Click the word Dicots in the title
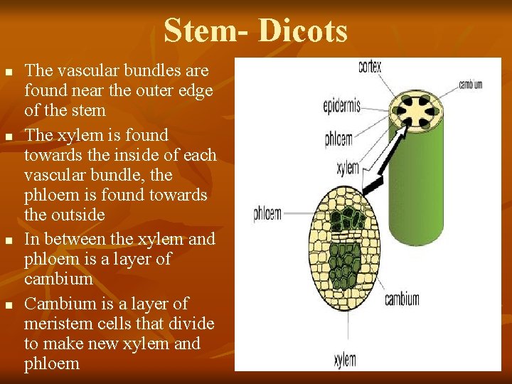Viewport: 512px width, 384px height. tap(303, 31)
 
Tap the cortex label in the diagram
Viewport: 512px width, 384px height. tap(370, 68)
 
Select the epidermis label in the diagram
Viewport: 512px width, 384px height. tap(341, 107)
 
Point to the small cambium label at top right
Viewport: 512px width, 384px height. tap(470, 84)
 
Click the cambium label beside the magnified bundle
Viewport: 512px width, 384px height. tap(402, 299)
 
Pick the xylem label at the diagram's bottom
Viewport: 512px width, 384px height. tap(345, 361)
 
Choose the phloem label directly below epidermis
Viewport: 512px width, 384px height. tap(338, 139)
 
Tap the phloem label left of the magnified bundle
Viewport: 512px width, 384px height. tap(267, 213)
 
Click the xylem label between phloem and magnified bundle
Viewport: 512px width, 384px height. tap(347, 169)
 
